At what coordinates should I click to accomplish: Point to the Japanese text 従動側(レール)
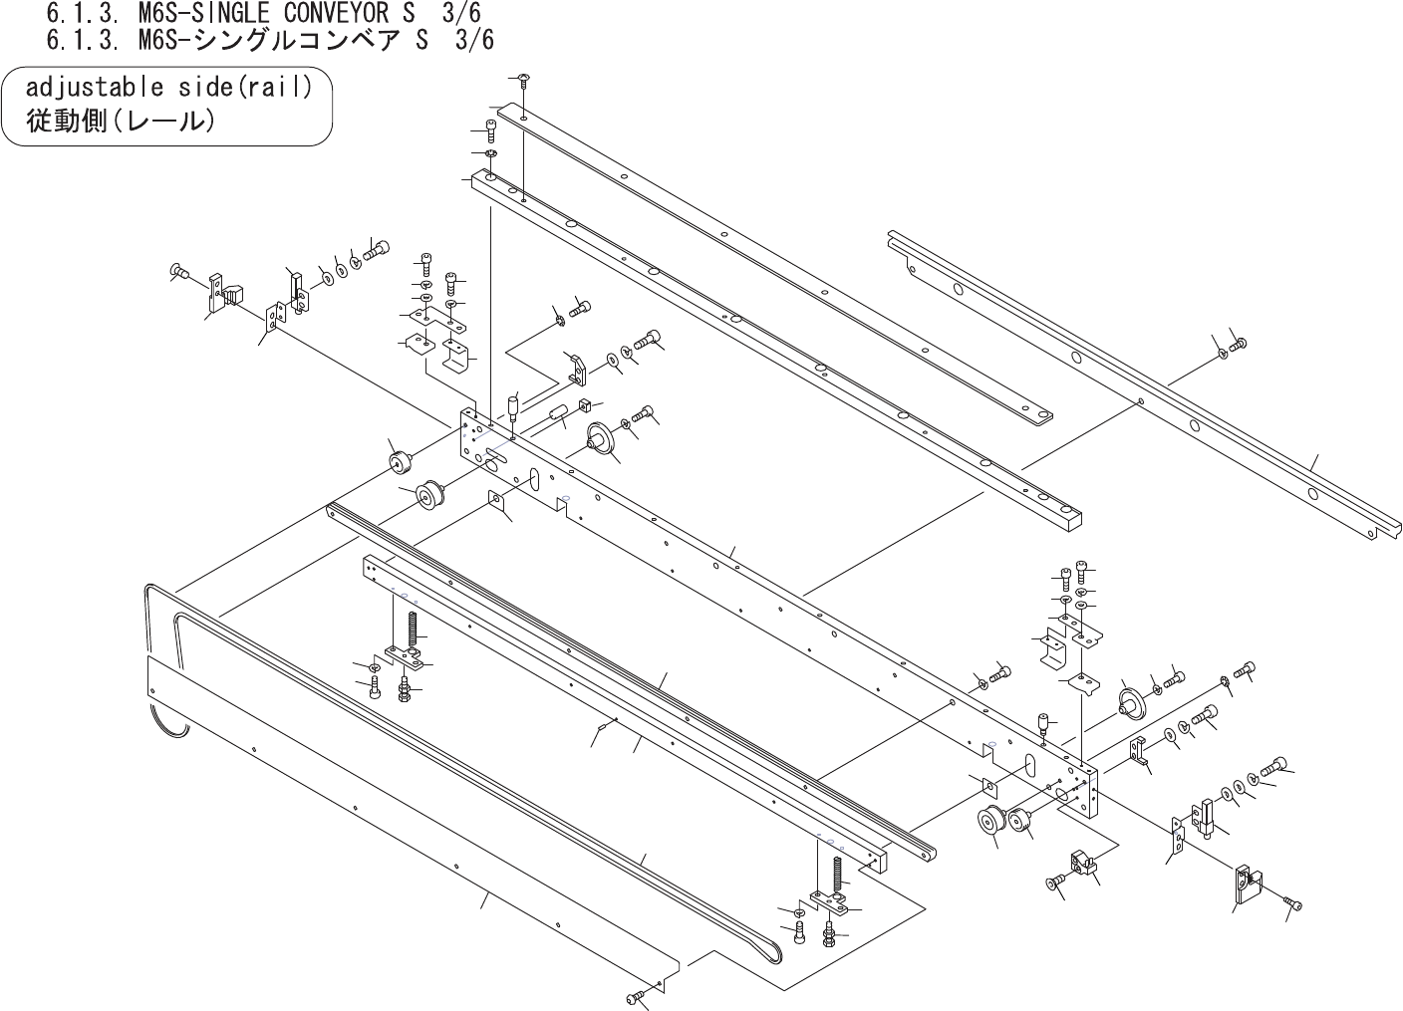120,122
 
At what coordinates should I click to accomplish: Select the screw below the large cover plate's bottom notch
637,997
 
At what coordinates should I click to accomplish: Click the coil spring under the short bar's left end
412,629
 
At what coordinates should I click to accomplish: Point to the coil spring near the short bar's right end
836,876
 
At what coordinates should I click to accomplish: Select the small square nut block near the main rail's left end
584,406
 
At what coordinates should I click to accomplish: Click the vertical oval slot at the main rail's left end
534,480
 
